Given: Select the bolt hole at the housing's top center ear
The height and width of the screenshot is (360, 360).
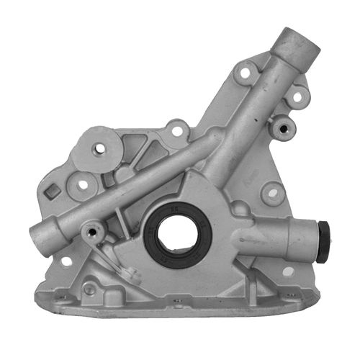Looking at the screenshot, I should coord(176,132).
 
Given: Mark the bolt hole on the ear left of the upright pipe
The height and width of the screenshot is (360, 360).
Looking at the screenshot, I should coord(246,73).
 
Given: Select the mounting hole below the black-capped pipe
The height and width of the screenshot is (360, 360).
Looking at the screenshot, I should coord(288,271).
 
